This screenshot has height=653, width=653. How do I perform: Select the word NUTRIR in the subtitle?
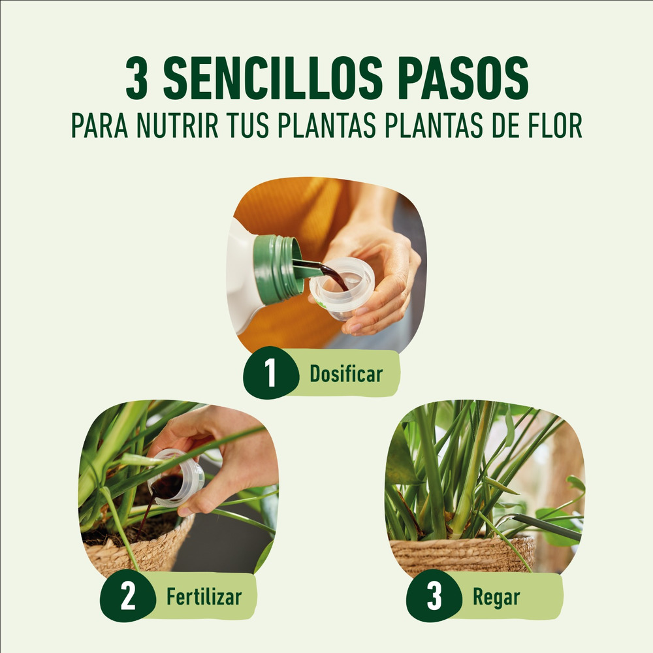pos(178,125)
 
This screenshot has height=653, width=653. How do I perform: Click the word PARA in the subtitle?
pos(99,125)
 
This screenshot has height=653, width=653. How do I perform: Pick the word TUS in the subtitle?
pos(248,125)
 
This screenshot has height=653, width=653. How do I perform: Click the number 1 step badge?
pos(271,373)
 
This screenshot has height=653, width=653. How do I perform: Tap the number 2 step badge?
pos(127,596)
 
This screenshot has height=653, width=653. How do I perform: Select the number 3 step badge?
pos(434,596)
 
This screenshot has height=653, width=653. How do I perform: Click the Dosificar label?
pos(346,374)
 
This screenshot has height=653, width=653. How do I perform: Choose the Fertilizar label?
pos(204,597)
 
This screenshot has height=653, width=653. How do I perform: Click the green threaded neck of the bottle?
pos(278,268)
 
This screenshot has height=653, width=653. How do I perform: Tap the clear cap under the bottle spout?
pos(342,288)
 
